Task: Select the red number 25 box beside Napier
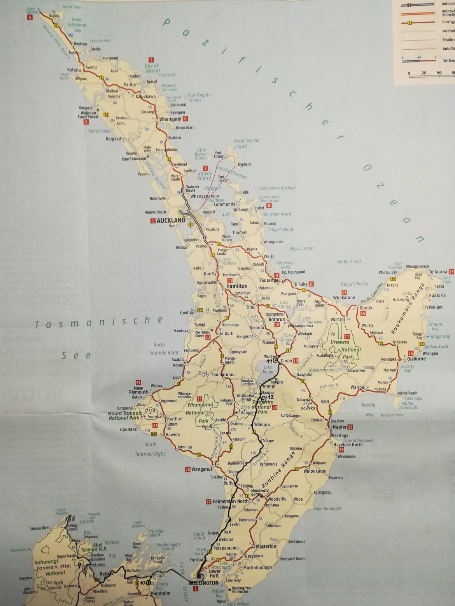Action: click(x=350, y=427)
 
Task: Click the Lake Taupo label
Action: click(x=268, y=370)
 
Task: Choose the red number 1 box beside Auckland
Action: click(x=153, y=221)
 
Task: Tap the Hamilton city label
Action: click(x=237, y=286)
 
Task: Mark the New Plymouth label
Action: click(x=138, y=390)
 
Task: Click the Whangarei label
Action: click(x=170, y=119)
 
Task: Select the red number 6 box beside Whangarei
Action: click(x=185, y=119)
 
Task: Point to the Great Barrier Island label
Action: click(x=247, y=143)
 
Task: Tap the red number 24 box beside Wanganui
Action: click(x=188, y=469)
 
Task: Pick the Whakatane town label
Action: click(x=344, y=298)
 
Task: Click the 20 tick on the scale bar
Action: click(x=424, y=73)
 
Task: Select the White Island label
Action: click(x=349, y=262)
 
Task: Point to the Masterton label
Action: click(x=266, y=546)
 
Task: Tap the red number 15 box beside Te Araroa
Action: click(x=451, y=271)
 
